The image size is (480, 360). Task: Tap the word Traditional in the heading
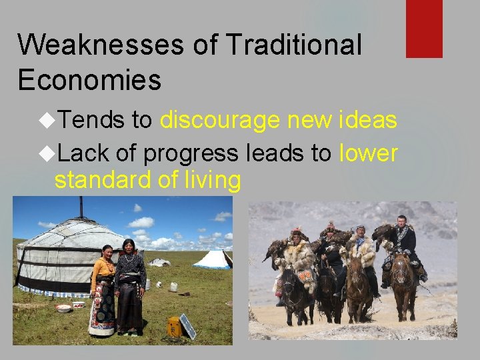[x=293, y=45]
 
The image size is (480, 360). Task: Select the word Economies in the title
[x=89, y=79]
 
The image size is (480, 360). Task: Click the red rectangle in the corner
[x=424, y=28]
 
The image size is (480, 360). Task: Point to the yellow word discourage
[x=219, y=120]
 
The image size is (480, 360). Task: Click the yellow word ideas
[x=368, y=120]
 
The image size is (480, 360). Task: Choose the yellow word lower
[x=369, y=153]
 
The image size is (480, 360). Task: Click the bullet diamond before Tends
[x=48, y=120]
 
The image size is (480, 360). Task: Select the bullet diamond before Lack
[x=48, y=153]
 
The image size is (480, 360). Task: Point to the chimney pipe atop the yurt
[x=81, y=207]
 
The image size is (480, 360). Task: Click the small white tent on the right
[x=213, y=259]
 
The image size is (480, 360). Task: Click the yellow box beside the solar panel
[x=173, y=326]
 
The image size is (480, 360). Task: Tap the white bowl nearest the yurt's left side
[x=64, y=308]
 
